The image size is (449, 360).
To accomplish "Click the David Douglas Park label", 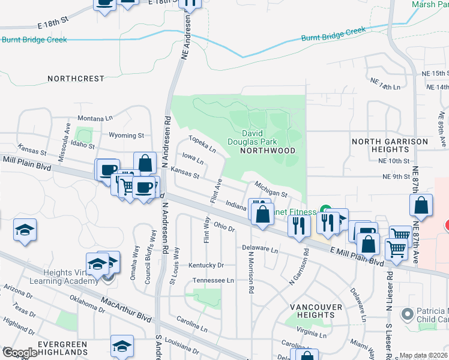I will tap(260, 137).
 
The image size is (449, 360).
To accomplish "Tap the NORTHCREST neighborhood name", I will tap(76, 79).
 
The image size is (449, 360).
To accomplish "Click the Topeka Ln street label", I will tap(202, 143).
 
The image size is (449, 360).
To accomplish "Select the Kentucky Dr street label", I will tap(206, 265).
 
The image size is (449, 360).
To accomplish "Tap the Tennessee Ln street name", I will tap(212, 280).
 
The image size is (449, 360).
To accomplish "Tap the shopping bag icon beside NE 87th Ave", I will tap(421, 205).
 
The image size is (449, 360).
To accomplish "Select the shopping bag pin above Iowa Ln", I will tap(145, 163).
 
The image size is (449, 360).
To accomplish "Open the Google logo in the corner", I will tap(19, 353).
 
